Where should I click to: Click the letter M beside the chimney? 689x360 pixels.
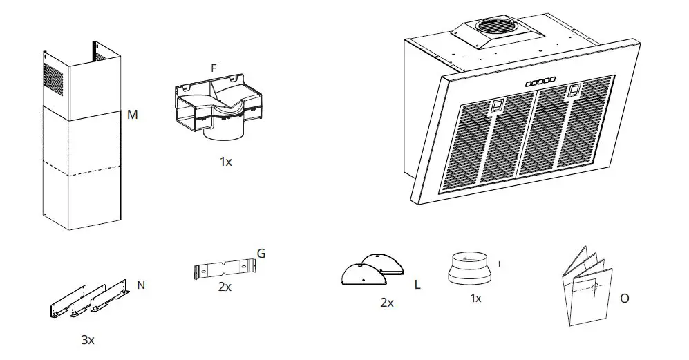(x=132, y=115)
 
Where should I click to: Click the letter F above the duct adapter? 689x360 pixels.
(x=214, y=68)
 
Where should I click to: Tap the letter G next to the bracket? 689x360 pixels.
(x=261, y=254)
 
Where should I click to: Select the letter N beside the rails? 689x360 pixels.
(x=141, y=285)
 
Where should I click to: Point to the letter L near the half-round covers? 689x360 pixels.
(x=418, y=284)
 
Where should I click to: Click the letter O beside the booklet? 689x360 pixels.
(x=625, y=299)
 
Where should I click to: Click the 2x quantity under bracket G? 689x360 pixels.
(x=224, y=286)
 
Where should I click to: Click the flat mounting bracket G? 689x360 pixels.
(x=225, y=267)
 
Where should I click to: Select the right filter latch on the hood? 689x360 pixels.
(x=574, y=91)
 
